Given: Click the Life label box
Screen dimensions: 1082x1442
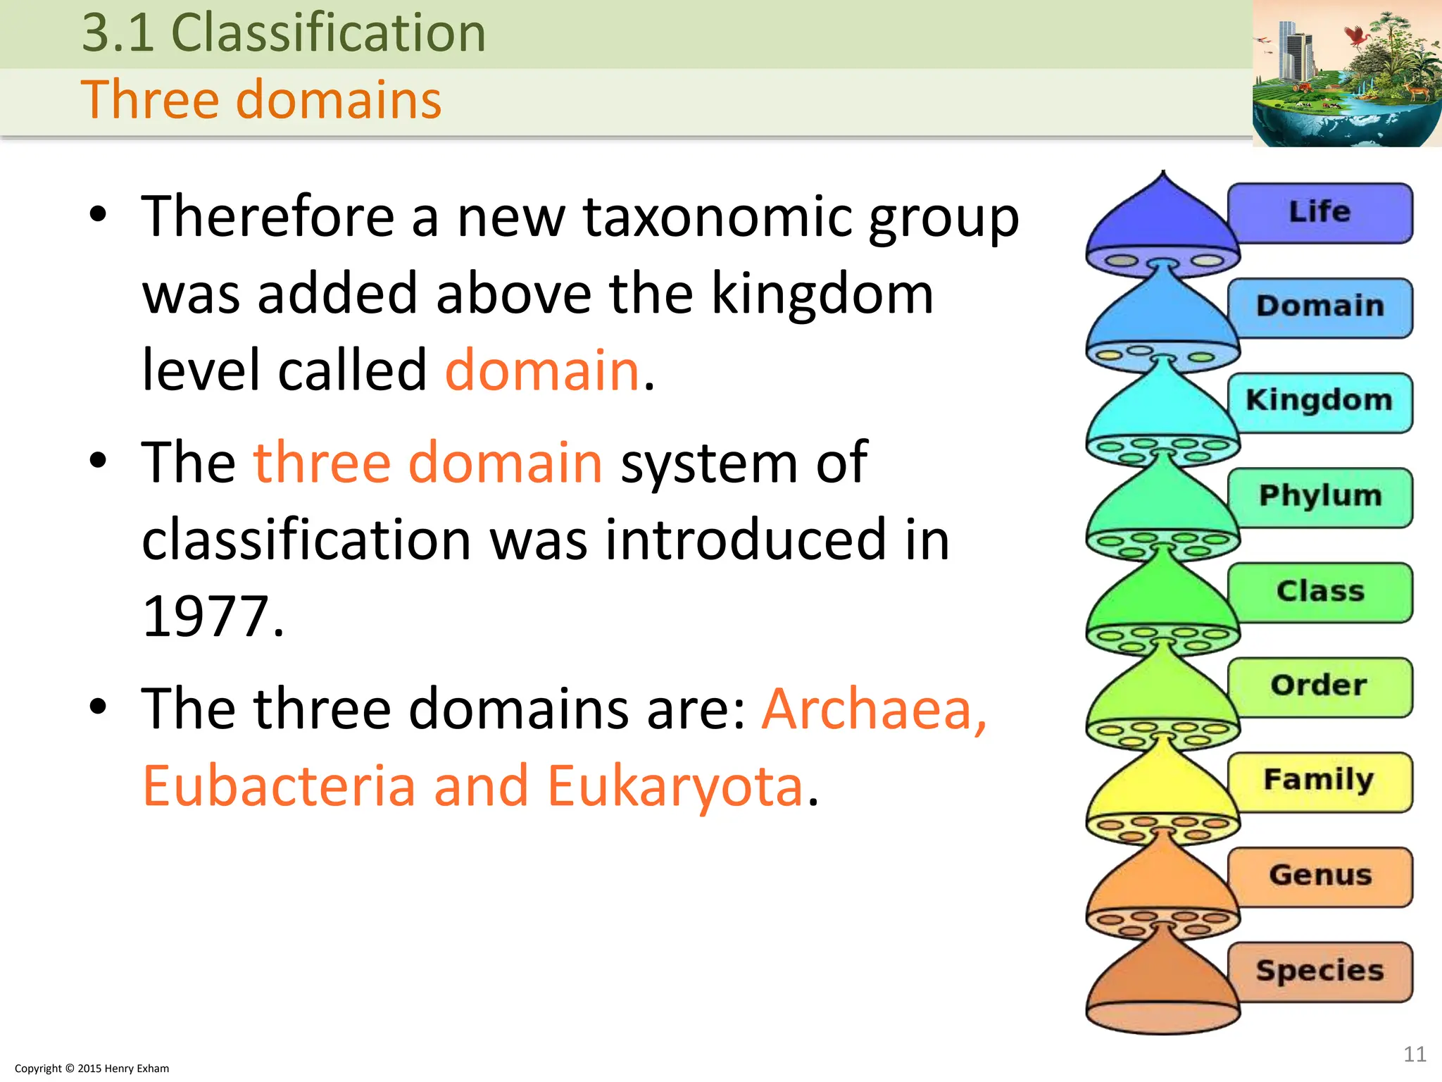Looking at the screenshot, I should pyautogui.click(x=1319, y=213).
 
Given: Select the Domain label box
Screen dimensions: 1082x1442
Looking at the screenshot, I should pyautogui.click(x=1319, y=307).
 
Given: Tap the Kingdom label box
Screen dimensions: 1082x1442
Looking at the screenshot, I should pyautogui.click(x=1319, y=402).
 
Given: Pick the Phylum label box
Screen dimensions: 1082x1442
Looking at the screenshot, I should pyautogui.click(x=1319, y=497).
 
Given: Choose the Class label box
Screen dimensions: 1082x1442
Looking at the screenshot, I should pyautogui.click(x=1319, y=592).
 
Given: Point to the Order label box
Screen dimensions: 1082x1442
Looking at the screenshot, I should pyautogui.click(x=1319, y=686).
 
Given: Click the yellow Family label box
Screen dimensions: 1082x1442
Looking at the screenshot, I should pyautogui.click(x=1319, y=781).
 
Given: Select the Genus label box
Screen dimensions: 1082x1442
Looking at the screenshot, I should pyautogui.click(x=1319, y=876).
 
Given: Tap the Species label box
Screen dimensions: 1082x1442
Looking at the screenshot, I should pyautogui.click(x=1319, y=971).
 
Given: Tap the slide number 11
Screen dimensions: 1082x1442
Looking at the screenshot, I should pyautogui.click(x=1415, y=1054).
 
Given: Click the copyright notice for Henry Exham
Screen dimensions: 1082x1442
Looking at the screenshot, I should pyautogui.click(x=92, y=1069).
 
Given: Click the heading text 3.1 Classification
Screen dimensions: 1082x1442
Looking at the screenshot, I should pyautogui.click(x=284, y=33).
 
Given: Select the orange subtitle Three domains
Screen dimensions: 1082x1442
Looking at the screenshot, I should pyautogui.click(x=261, y=99).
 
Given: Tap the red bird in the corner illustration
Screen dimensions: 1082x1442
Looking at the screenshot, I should pyautogui.click(x=1355, y=35).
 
